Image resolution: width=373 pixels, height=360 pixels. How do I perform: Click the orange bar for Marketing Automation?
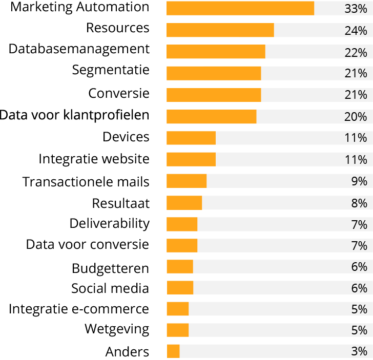(240, 8)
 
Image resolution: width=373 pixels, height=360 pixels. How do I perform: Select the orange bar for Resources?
(220, 30)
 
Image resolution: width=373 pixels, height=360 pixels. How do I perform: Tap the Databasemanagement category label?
(79, 49)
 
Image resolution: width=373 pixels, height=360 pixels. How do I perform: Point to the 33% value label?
(356, 9)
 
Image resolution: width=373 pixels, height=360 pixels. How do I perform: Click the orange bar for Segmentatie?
(214, 73)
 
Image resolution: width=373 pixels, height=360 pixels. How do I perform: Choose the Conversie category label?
(119, 94)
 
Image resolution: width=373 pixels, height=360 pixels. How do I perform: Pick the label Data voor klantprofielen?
(75, 115)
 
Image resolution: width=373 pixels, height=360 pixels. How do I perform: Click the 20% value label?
(356, 117)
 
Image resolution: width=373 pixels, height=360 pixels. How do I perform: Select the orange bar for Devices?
(191, 138)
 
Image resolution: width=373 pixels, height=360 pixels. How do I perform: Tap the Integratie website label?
(94, 159)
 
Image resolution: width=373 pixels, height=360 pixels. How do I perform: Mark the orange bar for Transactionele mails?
(186, 181)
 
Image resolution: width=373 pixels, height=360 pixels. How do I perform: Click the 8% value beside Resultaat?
(359, 203)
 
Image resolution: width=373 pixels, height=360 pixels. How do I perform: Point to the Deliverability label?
(110, 224)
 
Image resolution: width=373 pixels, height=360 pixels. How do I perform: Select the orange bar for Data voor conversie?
(182, 245)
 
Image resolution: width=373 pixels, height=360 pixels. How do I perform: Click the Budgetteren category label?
(110, 268)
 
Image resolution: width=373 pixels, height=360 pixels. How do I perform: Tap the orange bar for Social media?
(180, 288)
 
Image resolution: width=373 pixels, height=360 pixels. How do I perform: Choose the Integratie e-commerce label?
(79, 309)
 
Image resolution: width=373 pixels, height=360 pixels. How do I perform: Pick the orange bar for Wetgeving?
(178, 330)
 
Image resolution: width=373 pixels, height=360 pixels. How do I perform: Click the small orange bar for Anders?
(173, 351)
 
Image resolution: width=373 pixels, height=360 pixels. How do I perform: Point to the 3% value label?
(359, 352)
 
